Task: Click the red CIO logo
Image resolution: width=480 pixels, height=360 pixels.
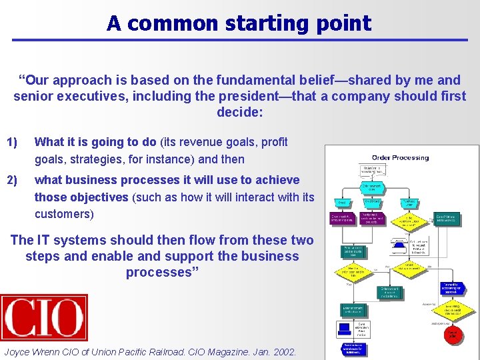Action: pyautogui.click(x=44, y=318)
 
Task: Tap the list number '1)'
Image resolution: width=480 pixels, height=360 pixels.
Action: pyautogui.click(x=12, y=142)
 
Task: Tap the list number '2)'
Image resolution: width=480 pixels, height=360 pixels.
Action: pyautogui.click(x=12, y=180)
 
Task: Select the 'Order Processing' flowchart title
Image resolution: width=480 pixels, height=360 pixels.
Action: pyautogui.click(x=400, y=158)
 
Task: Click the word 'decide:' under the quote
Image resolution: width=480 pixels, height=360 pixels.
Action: pyautogui.click(x=240, y=113)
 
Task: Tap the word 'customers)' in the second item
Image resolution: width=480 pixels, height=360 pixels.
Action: pyautogui.click(x=64, y=214)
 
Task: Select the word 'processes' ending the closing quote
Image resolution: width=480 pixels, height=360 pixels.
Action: pyautogui.click(x=160, y=273)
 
